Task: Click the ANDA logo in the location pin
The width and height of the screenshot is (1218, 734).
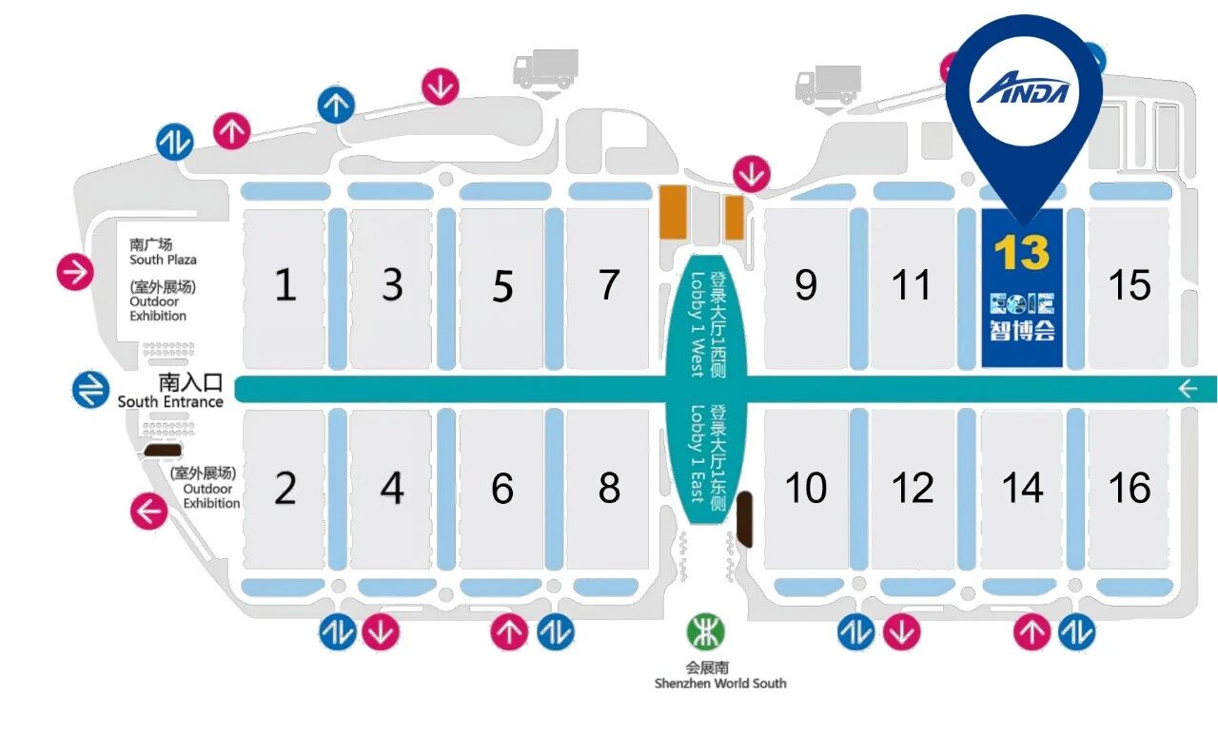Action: click(1023, 88)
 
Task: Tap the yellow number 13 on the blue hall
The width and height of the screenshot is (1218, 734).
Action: click(1022, 252)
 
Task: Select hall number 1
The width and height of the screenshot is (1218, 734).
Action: click(285, 284)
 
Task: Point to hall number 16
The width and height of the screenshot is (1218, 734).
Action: click(1130, 487)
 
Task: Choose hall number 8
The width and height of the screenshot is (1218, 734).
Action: click(609, 488)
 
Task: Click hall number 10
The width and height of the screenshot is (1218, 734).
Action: click(806, 487)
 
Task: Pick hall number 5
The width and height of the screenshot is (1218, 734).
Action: click(502, 286)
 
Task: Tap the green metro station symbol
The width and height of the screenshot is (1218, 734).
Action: click(706, 631)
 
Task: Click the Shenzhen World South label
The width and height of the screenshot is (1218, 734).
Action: click(720, 684)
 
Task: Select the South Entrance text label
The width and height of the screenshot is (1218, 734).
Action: click(170, 401)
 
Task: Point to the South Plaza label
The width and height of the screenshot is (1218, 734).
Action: click(163, 260)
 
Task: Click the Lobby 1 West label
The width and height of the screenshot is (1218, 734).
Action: click(697, 324)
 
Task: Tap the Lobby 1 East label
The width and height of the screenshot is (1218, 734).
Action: click(697, 454)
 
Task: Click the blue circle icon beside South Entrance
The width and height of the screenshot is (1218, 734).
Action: click(90, 389)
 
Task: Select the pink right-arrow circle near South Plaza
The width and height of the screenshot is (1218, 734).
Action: click(75, 272)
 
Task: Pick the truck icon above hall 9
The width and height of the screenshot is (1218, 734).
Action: click(828, 85)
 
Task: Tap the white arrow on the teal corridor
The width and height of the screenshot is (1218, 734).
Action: click(1189, 389)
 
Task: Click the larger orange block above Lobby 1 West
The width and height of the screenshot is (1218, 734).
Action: click(673, 212)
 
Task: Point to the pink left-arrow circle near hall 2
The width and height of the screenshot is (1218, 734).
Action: click(149, 511)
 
